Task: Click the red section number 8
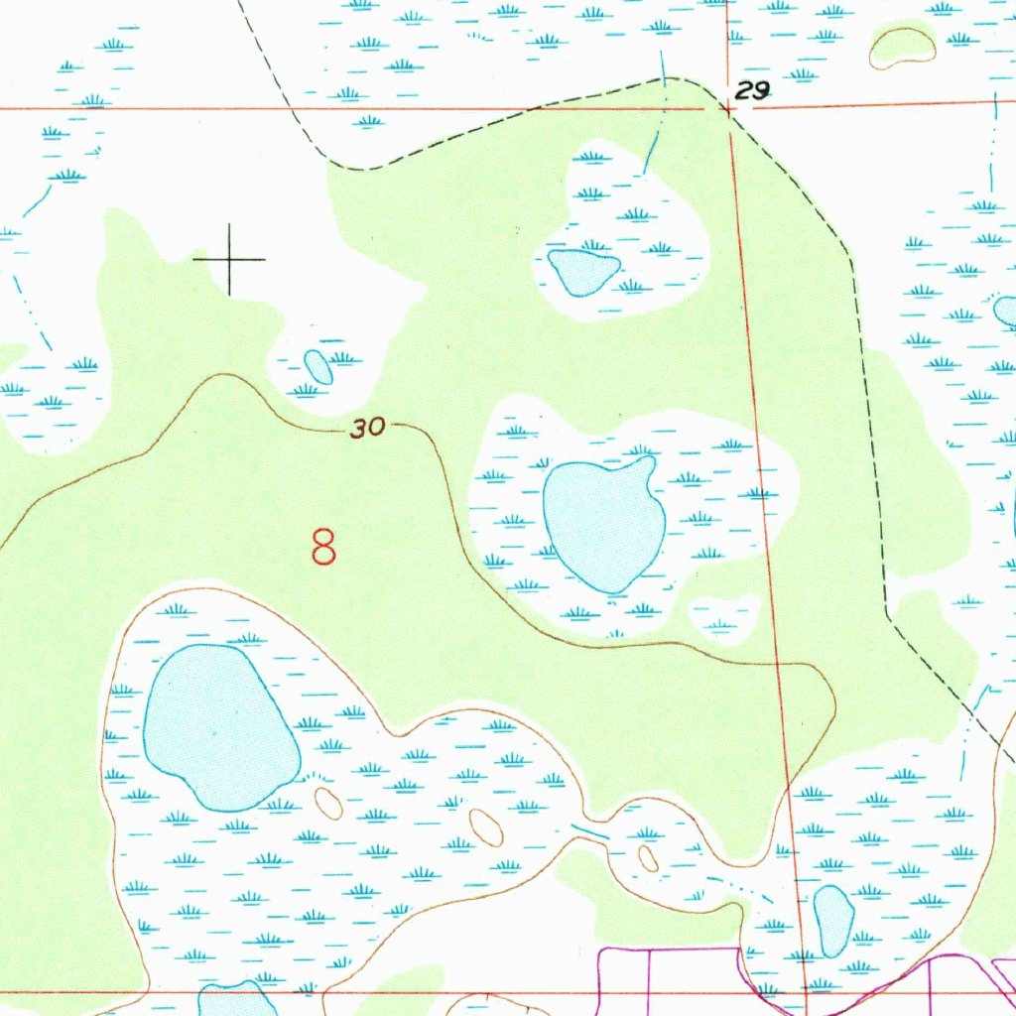[323, 547]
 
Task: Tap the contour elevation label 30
[367, 429]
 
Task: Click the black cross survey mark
[229, 259]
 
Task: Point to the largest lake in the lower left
[219, 725]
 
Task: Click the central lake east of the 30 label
[603, 523]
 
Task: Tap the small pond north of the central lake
[583, 271]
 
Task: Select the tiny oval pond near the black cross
[318, 366]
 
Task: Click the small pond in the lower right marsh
[832, 921]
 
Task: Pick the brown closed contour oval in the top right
[902, 47]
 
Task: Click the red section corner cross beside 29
[728, 109]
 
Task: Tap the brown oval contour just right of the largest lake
[328, 803]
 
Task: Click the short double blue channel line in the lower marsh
[589, 832]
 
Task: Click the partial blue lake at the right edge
[1006, 311]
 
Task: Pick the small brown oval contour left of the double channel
[485, 827]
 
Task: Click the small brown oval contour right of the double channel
[648, 858]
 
